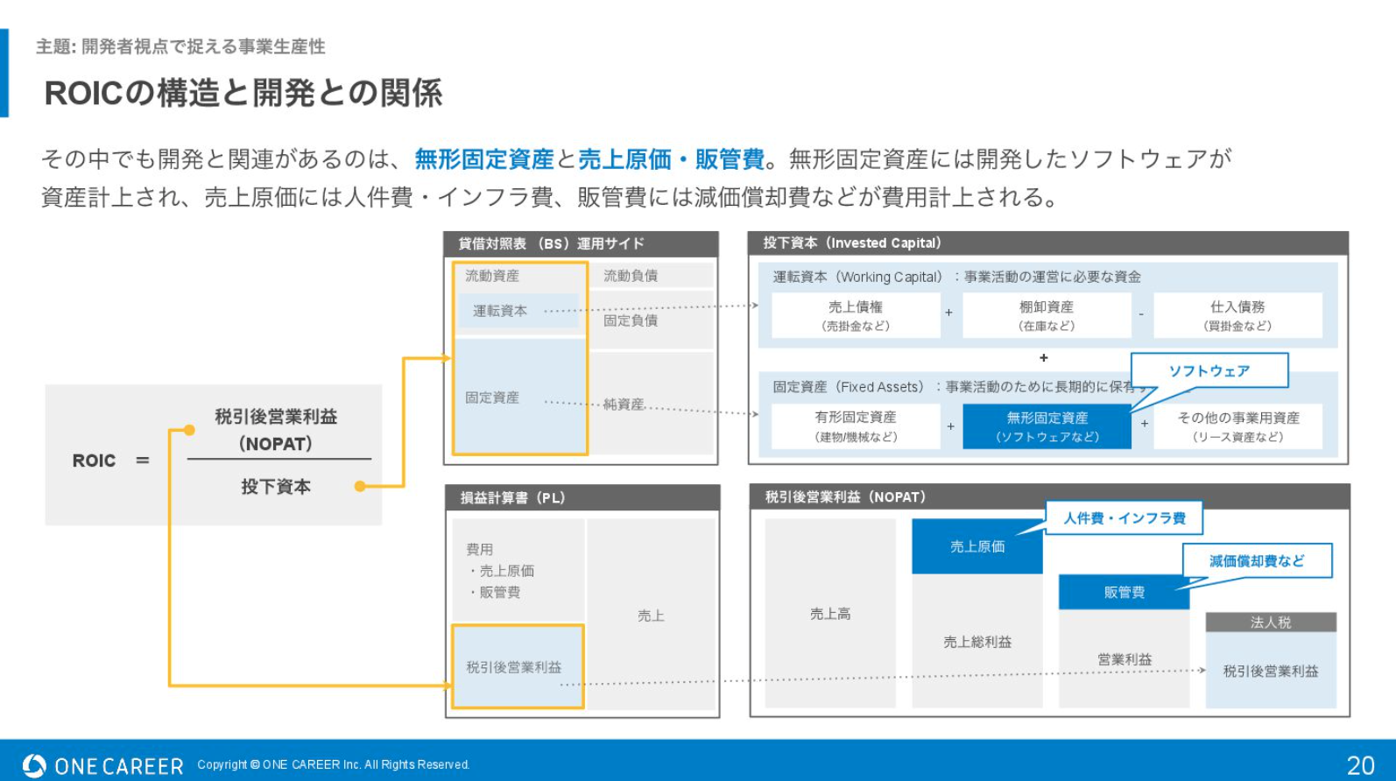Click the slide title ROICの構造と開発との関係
[x=243, y=94]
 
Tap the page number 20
[x=1360, y=765]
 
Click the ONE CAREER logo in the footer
[x=102, y=765]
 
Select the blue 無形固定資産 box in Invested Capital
[x=1047, y=426]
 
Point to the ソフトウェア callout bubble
[x=1209, y=370]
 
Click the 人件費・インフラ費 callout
[x=1125, y=517]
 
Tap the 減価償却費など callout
[x=1257, y=560]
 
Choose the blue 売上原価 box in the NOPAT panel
[x=977, y=546]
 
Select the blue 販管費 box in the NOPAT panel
[x=1125, y=592]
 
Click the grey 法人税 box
[x=1271, y=623]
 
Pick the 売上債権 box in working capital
[x=856, y=315]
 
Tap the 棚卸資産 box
[x=1047, y=315]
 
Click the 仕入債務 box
[x=1237, y=315]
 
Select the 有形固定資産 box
[x=856, y=426]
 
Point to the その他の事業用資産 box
[x=1237, y=426]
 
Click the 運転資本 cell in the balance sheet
[x=518, y=311]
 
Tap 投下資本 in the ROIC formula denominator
[x=276, y=487]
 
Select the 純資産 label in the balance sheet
[x=624, y=405]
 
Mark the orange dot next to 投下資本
[x=360, y=487]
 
